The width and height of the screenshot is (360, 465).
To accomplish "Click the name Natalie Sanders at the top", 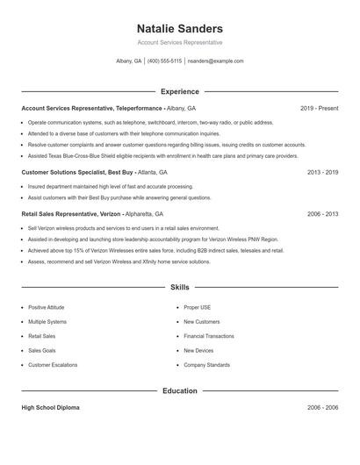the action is (180, 28).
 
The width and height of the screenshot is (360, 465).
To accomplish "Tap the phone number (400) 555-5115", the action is (164, 61).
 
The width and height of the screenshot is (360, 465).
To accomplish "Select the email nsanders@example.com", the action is (215, 61).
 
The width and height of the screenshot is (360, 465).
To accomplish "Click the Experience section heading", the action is (180, 91).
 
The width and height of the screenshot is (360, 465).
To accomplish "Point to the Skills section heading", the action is (180, 287).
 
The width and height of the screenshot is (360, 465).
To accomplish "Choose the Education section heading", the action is (180, 390).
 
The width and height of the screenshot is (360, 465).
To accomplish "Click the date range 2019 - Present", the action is (319, 108).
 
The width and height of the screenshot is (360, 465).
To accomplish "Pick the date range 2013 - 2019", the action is (322, 172).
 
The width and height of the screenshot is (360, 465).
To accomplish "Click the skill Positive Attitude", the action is (47, 308).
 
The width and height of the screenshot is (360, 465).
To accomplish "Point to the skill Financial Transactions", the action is (208, 336).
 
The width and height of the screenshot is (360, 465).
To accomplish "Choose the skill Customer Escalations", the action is (53, 364).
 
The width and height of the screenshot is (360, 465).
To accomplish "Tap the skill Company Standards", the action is (206, 364).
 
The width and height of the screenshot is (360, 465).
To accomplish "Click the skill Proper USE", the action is (197, 308).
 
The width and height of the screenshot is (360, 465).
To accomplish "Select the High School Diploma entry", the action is (52, 408).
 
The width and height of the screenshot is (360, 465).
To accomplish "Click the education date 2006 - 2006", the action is (322, 408).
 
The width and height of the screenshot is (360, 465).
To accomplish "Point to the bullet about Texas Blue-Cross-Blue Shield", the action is (151, 155).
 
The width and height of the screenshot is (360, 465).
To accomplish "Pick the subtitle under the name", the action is (180, 42).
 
